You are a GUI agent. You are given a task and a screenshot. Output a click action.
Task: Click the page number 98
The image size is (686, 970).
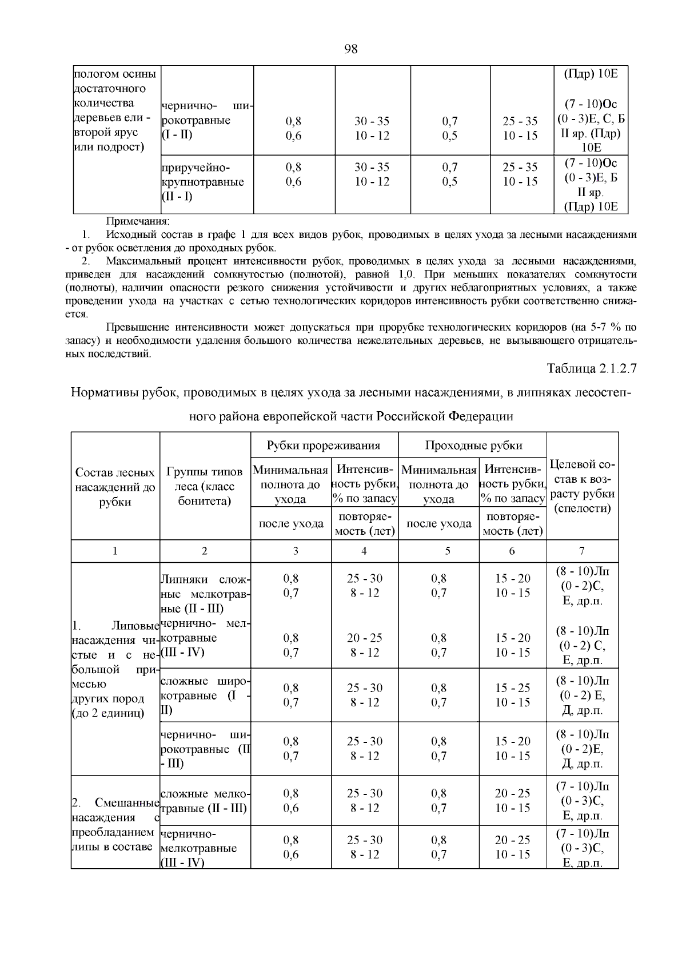(350, 49)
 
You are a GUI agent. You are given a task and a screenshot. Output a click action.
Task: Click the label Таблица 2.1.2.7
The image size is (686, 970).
(591, 369)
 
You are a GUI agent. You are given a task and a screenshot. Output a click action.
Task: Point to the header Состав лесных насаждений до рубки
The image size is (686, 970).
(115, 487)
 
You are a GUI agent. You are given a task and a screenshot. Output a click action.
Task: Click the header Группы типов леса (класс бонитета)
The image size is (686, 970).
(205, 487)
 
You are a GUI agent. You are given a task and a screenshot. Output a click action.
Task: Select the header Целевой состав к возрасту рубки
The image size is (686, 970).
(582, 487)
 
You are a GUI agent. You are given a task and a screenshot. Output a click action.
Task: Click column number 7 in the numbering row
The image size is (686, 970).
(581, 551)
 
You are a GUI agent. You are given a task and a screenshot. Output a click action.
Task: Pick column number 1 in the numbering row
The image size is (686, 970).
(115, 551)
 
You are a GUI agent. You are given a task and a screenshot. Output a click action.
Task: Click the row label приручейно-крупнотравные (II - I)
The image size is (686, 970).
(202, 182)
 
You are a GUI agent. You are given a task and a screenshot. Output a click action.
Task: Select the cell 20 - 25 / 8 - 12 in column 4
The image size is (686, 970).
(365, 645)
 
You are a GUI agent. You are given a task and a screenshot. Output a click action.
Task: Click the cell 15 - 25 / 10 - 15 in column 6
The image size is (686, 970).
(512, 695)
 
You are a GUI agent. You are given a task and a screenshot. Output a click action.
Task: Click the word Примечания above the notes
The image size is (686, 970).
(138, 221)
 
